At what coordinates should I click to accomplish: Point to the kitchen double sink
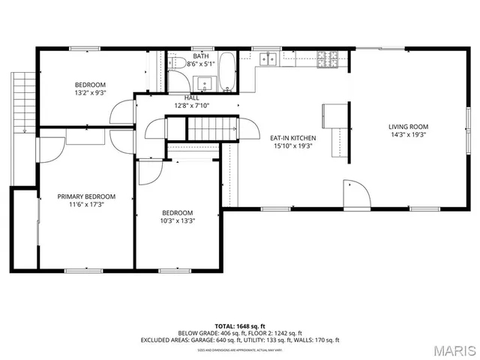[267, 58]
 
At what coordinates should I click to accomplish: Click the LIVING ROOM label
[408, 127]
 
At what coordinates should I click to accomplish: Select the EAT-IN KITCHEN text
[292, 138]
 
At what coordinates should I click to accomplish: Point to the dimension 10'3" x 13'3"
[177, 221]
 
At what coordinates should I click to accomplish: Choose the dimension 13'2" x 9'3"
[90, 93]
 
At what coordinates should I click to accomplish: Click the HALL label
[192, 97]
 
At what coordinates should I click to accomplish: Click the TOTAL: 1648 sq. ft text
[240, 325]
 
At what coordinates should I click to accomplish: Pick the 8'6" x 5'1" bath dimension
[201, 64]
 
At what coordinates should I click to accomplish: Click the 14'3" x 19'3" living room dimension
[408, 136]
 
